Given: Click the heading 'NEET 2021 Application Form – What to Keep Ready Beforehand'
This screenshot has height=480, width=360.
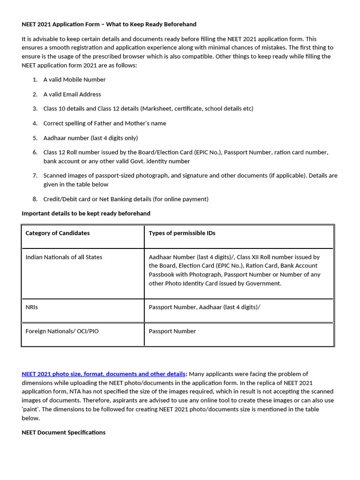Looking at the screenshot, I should [109, 24].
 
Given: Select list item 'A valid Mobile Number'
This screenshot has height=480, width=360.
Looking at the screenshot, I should [75, 80].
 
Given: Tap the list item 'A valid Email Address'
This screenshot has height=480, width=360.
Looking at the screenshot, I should [72, 94].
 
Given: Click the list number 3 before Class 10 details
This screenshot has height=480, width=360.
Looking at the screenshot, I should [35, 109].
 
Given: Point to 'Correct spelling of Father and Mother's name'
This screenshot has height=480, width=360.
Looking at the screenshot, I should [105, 123].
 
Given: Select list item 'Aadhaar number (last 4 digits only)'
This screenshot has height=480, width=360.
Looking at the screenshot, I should [90, 138].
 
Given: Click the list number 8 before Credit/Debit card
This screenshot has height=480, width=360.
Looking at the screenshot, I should [35, 199].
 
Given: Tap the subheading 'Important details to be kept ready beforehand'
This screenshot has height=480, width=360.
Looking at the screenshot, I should [86, 213].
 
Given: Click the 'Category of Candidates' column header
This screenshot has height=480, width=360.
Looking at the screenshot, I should [58, 233].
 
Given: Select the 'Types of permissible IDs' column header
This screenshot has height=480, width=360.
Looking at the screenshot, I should [182, 233].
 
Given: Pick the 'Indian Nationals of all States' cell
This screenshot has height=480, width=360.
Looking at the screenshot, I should [64, 257].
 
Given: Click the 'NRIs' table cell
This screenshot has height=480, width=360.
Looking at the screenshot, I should [32, 307].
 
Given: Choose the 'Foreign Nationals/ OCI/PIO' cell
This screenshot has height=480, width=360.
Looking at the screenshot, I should [62, 331].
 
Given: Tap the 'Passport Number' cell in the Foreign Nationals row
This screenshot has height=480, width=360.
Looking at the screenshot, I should [172, 331].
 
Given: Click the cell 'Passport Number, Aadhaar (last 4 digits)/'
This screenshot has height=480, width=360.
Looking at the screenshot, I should [204, 307].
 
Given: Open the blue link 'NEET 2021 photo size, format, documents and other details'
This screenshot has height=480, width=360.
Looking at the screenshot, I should [104, 374].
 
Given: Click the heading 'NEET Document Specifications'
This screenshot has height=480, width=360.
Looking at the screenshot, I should [63, 432].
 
